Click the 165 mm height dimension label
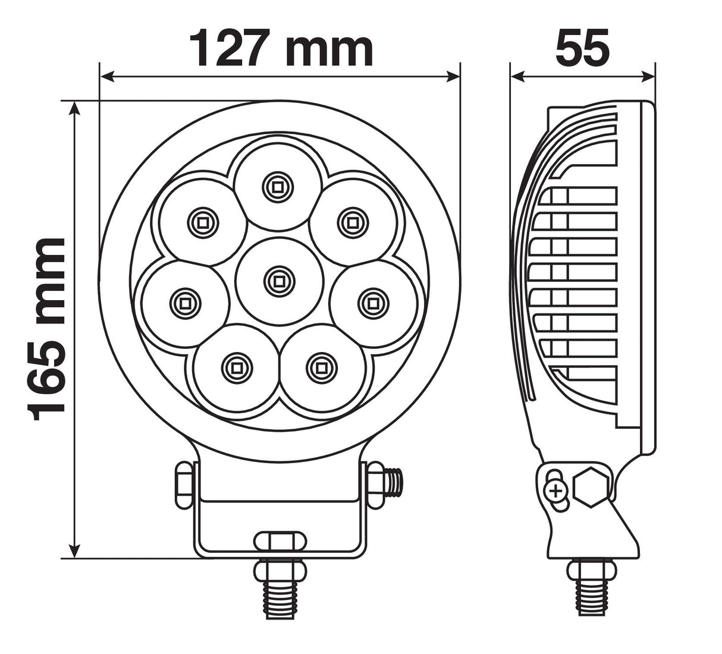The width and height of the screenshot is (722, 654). pos(46,329)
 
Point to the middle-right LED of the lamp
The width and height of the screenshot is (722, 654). pos(373,304)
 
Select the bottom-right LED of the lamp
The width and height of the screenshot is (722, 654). pos(321,368)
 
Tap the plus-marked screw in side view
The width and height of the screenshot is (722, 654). pos(556,491)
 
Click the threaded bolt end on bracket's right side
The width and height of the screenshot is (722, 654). pos(394,483)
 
